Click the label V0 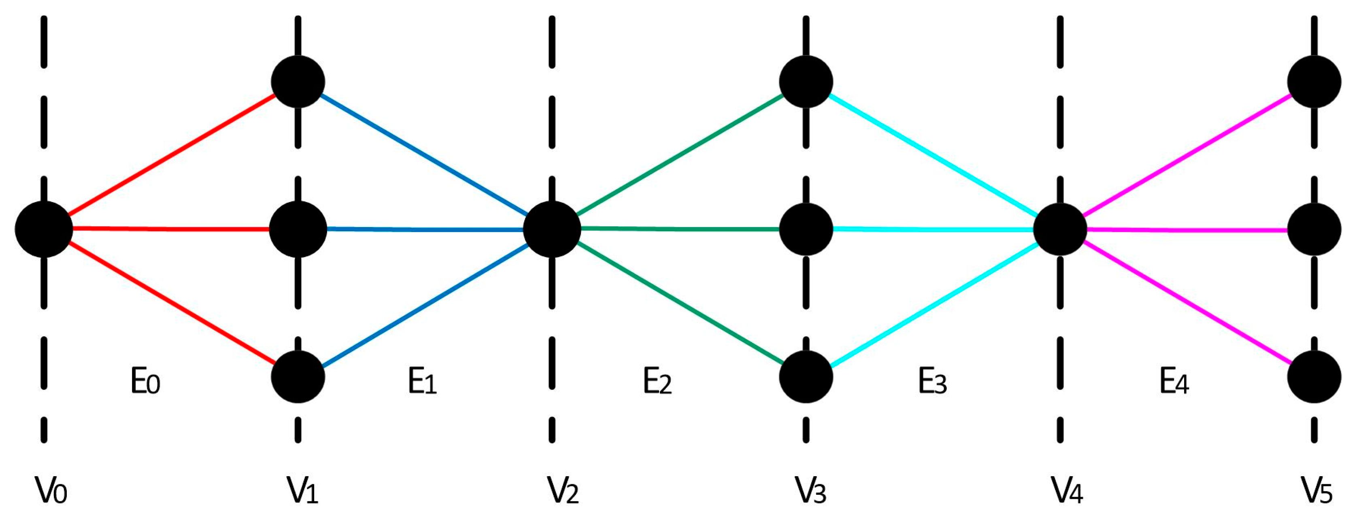click(51, 491)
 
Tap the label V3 click(811, 491)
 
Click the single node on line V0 click(44, 229)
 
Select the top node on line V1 click(298, 82)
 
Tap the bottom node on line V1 click(298, 376)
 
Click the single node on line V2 click(552, 229)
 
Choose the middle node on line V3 click(806, 229)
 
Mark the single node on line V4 click(1060, 229)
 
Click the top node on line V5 click(1314, 82)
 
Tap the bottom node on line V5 click(1314, 376)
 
